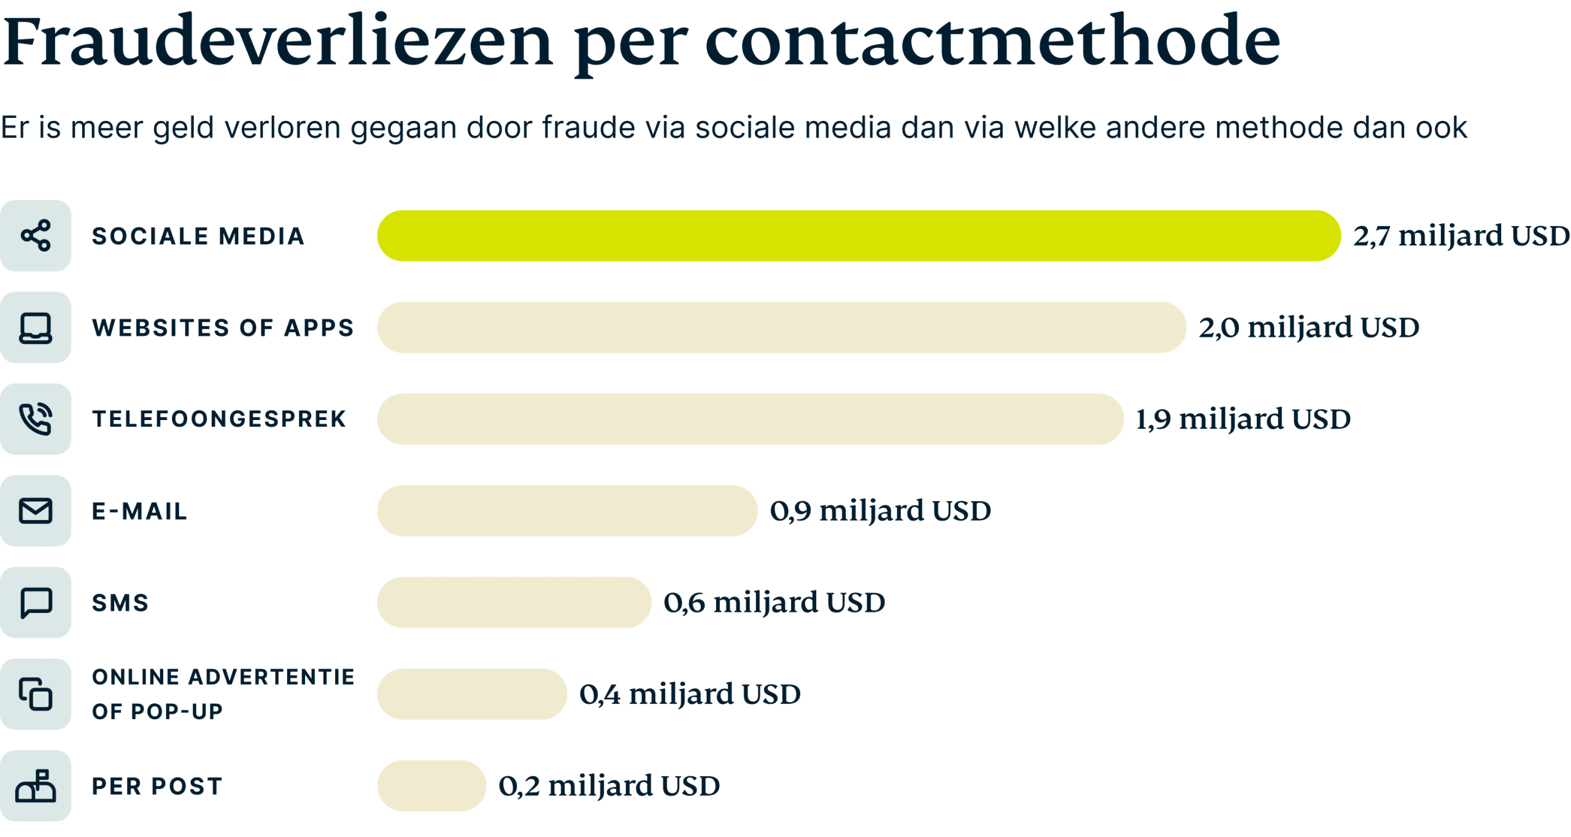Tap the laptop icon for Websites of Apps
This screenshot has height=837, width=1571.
click(x=36, y=327)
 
